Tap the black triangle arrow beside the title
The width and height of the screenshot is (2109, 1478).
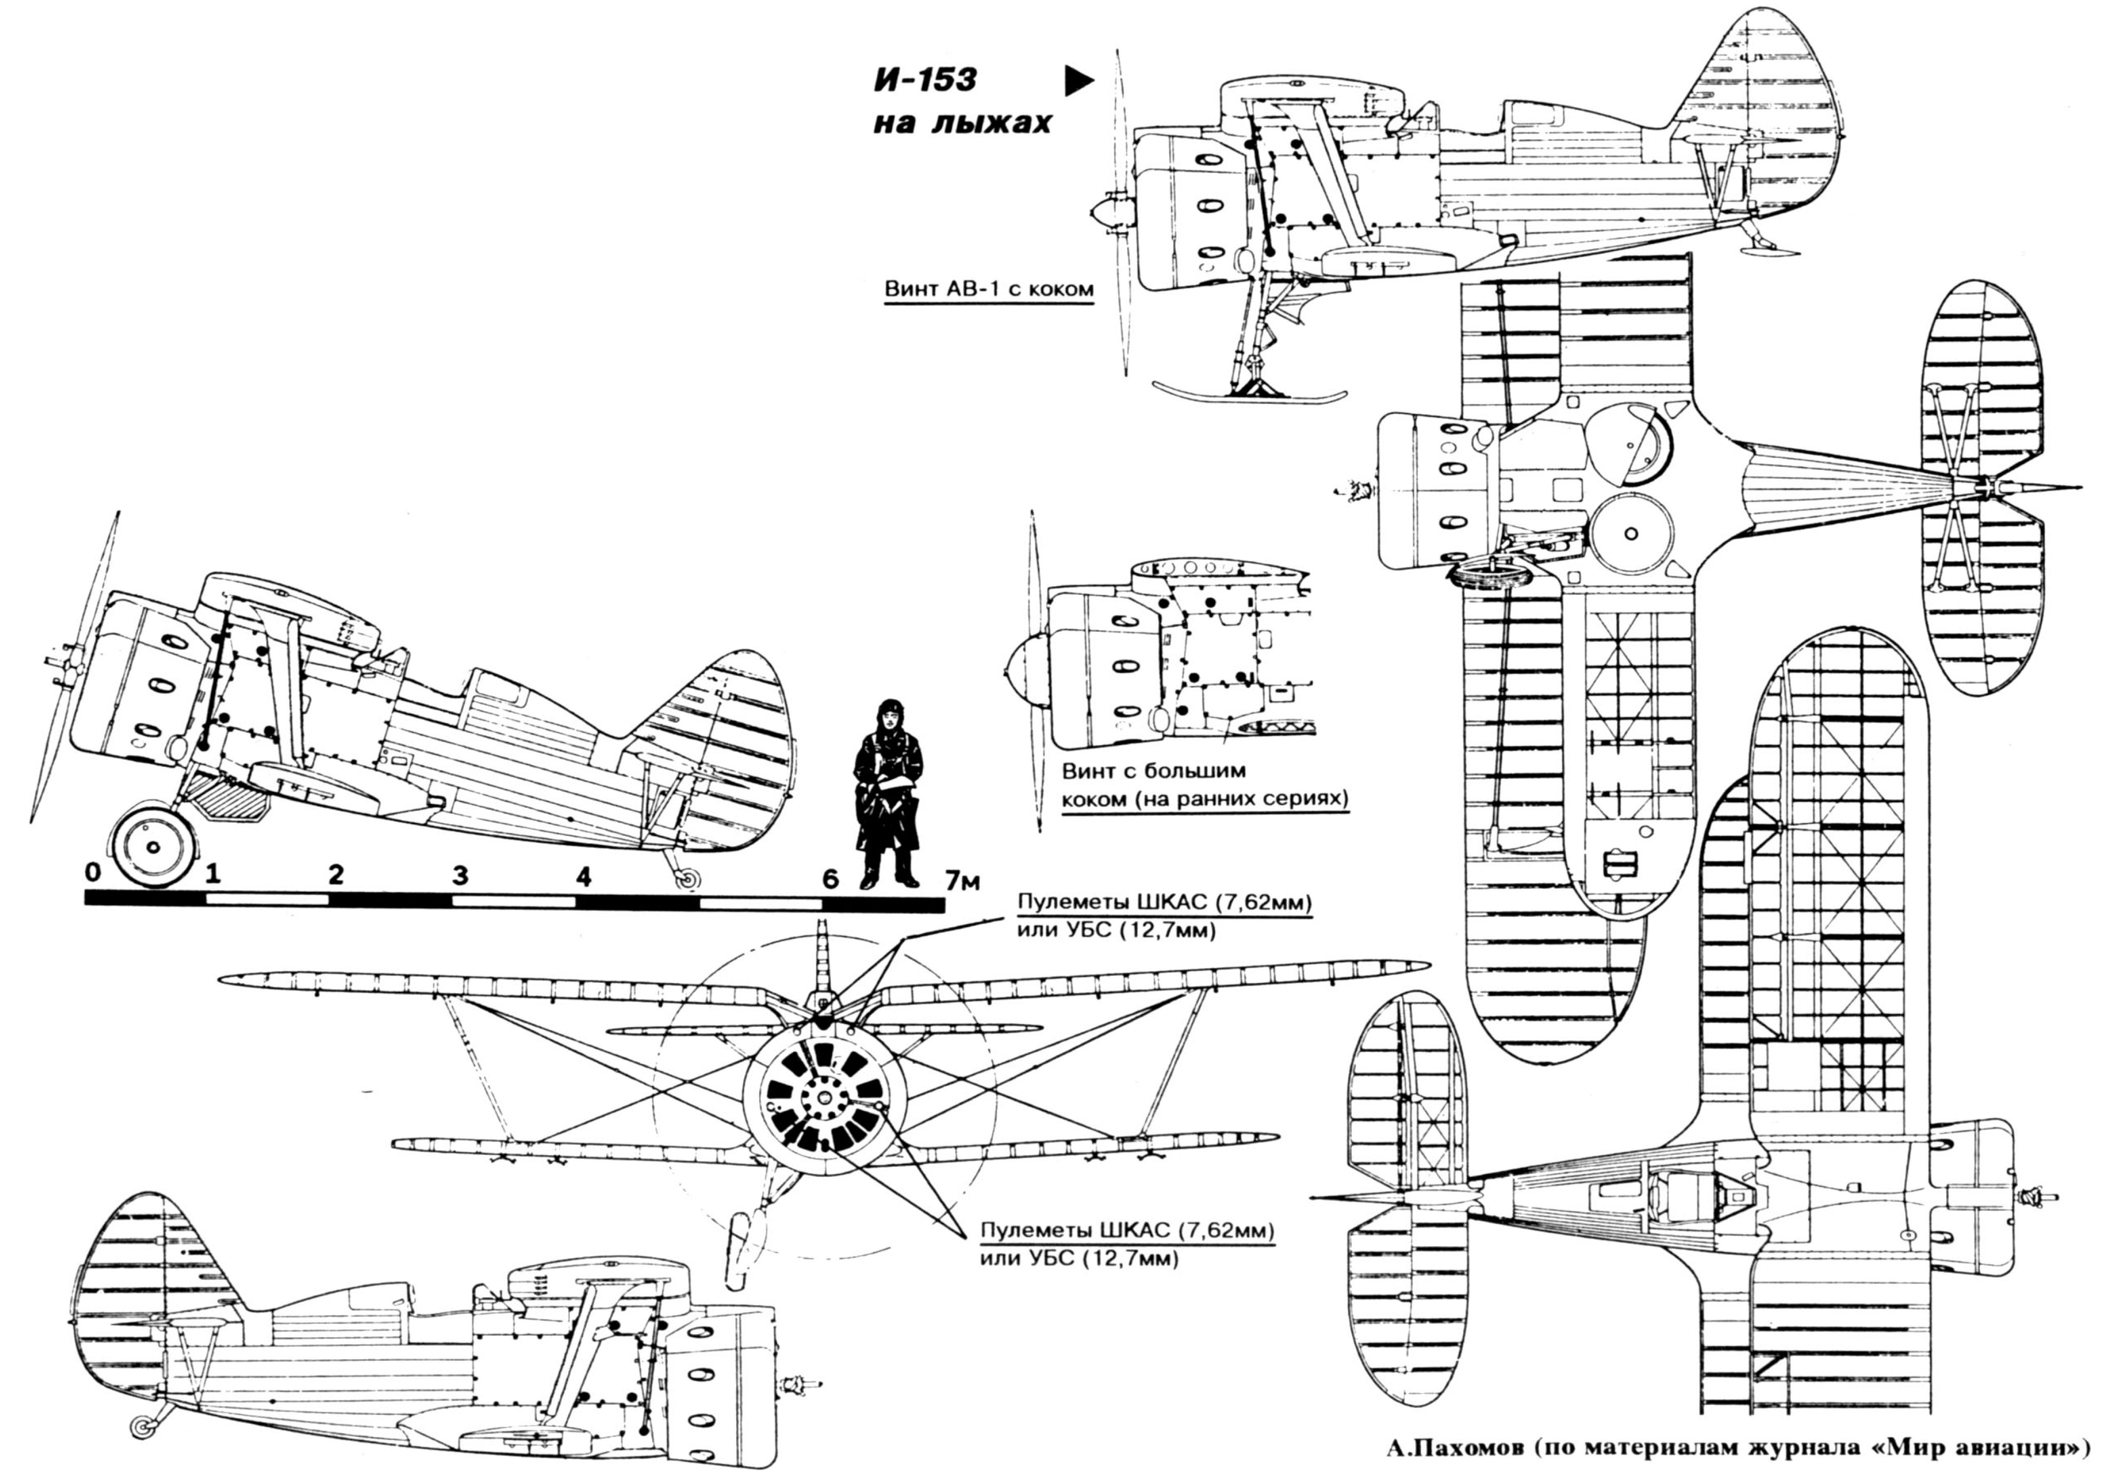click(1079, 82)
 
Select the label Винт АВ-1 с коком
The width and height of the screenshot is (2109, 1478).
click(988, 289)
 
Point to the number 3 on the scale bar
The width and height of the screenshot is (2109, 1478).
click(459, 875)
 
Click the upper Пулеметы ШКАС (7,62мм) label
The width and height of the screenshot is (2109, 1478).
click(1164, 903)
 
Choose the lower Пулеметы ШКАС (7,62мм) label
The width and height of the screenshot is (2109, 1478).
click(1127, 1231)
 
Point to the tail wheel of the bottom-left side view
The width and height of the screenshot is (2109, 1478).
click(142, 1426)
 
